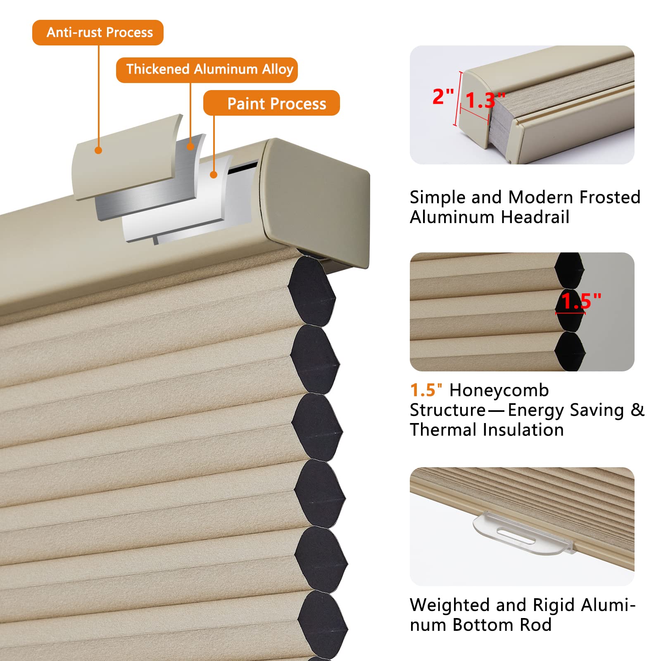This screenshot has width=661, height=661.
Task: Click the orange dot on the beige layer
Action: coord(98,150)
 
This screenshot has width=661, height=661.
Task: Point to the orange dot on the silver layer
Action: coord(190,146)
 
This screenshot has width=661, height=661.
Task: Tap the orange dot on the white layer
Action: coord(214,175)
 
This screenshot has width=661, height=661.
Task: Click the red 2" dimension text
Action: coord(443,97)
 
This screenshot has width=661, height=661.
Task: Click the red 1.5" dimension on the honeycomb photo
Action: coord(580,301)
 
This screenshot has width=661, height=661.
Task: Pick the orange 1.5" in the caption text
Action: coord(426,390)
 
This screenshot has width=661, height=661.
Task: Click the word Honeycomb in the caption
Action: coord(499,390)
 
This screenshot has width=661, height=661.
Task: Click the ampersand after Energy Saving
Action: coord(637,410)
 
